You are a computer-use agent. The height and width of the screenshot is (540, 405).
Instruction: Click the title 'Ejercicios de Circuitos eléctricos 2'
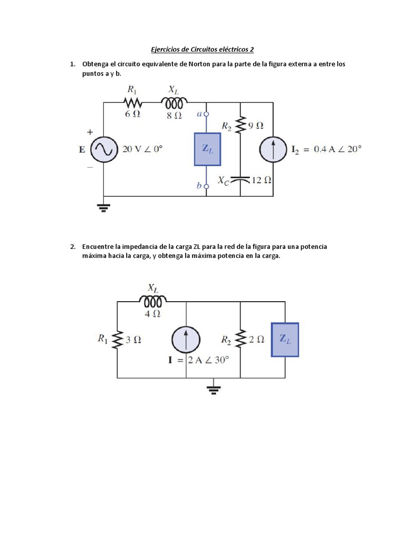[x=202, y=50]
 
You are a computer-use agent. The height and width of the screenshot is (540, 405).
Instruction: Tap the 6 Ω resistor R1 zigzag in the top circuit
[x=132, y=102]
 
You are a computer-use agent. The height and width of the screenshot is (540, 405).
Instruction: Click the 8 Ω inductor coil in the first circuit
[x=175, y=102]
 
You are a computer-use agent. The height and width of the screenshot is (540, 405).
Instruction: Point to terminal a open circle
[x=206, y=114]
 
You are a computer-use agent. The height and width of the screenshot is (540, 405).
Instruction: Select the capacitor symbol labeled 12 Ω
[x=240, y=179]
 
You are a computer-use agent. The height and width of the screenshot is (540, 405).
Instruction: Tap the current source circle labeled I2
[x=273, y=149]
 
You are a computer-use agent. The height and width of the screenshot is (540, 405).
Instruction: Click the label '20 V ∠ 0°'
[x=143, y=149]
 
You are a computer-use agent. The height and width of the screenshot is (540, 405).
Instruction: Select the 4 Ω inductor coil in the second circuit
[x=153, y=301]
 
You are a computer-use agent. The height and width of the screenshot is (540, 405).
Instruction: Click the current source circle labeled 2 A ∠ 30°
[x=186, y=340]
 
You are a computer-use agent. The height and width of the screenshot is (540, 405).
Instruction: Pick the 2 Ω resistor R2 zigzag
[x=240, y=340]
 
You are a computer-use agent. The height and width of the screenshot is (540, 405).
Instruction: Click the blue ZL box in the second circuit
[x=285, y=340]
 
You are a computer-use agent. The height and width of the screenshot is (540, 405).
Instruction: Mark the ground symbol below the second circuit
[x=214, y=389]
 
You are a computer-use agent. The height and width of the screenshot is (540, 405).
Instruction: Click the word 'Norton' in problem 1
[x=199, y=64]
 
